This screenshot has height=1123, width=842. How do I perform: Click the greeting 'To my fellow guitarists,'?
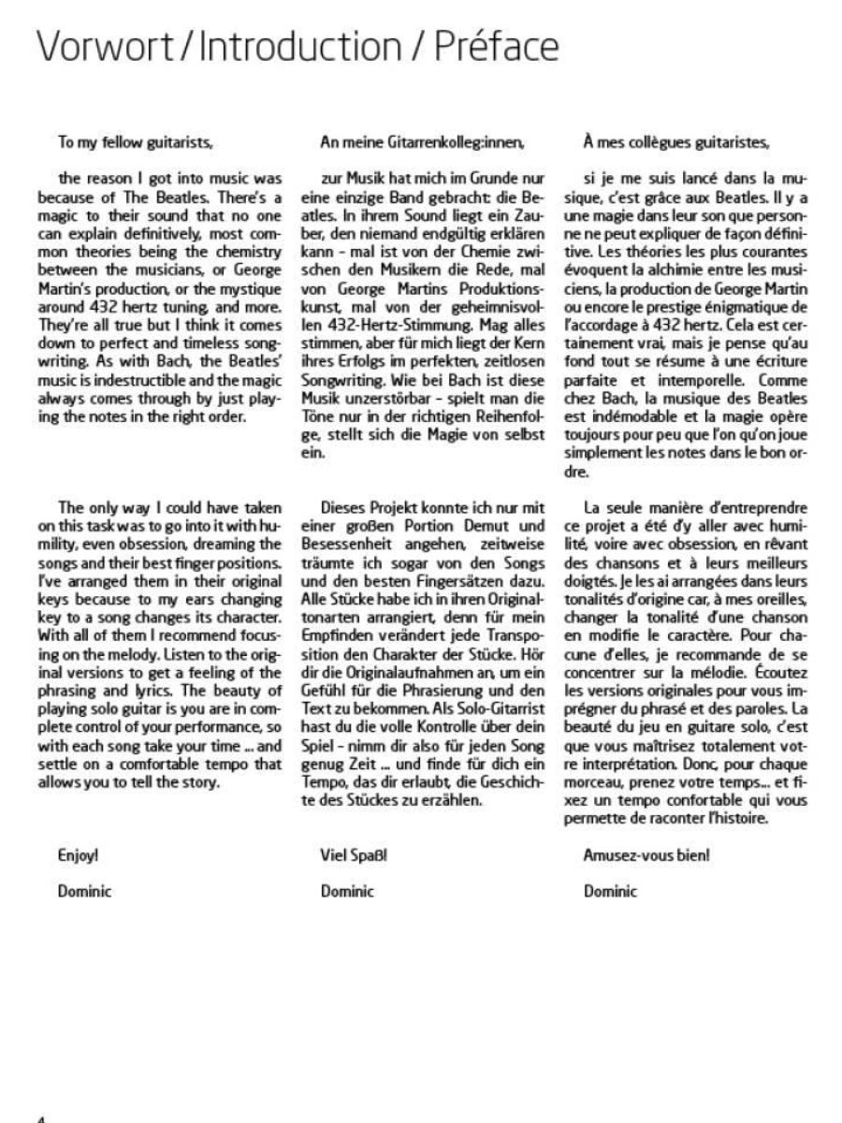pos(137,143)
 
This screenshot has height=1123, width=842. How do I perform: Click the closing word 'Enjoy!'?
pos(79,855)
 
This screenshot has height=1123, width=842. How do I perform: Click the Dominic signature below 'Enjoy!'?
pos(84,891)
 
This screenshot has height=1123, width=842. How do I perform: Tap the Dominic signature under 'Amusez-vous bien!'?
pos(610,891)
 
